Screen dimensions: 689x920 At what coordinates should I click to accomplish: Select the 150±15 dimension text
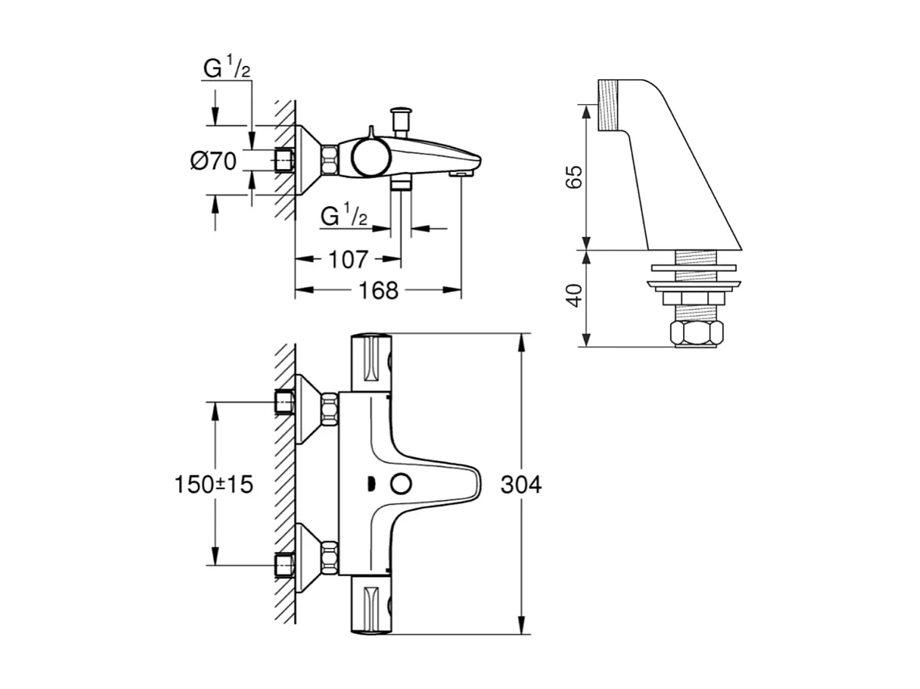point(213,484)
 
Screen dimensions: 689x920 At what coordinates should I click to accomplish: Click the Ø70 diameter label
point(212,161)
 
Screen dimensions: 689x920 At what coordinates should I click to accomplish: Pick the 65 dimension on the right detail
point(574,176)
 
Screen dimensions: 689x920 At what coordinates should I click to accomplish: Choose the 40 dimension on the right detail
point(574,297)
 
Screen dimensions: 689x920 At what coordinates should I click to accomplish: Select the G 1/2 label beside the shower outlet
point(344,216)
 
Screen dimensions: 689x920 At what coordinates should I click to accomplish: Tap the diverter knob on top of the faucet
point(403,118)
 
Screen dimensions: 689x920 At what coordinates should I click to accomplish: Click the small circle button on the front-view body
point(401,484)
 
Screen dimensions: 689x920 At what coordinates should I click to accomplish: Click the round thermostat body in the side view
point(368,156)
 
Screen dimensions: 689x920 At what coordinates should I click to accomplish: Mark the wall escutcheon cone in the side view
point(308,160)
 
